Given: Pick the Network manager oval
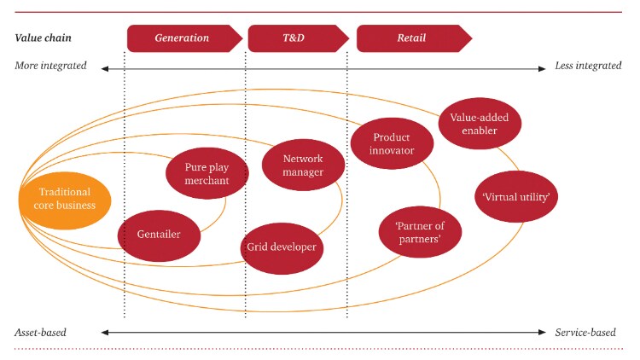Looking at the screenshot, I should [x=303, y=165].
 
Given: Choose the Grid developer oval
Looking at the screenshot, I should [x=282, y=247].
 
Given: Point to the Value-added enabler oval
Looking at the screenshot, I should [x=480, y=124].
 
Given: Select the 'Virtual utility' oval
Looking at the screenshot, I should [x=515, y=197].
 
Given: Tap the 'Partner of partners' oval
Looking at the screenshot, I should [x=419, y=232].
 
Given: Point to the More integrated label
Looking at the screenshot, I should [x=50, y=66].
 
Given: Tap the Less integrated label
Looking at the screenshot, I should [x=588, y=66].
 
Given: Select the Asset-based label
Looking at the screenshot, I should [x=41, y=332].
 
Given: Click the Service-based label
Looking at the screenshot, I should [x=588, y=332].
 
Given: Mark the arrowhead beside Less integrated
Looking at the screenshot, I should [x=542, y=67].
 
